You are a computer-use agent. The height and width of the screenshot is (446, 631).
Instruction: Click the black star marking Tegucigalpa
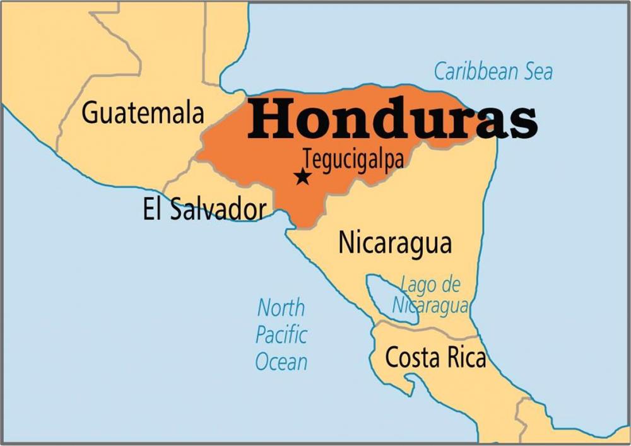[x=303, y=177]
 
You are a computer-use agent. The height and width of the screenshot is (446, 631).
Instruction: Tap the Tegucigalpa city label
[x=353, y=158]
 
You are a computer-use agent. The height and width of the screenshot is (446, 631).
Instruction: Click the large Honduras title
[x=392, y=118]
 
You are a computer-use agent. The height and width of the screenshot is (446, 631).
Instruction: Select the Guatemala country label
[x=143, y=113]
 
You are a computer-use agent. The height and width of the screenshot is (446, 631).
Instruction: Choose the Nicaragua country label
[x=395, y=244]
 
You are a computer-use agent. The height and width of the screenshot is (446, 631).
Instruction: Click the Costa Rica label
[x=435, y=358]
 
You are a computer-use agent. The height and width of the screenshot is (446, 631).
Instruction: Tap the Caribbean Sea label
[x=493, y=71]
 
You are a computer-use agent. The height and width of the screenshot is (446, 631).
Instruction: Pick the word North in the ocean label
[x=281, y=308]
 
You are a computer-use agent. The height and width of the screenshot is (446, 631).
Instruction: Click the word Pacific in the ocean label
[x=281, y=335]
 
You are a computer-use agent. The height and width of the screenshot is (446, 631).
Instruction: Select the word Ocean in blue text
[x=281, y=361]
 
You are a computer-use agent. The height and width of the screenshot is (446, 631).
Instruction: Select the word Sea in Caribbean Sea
[x=533, y=71]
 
